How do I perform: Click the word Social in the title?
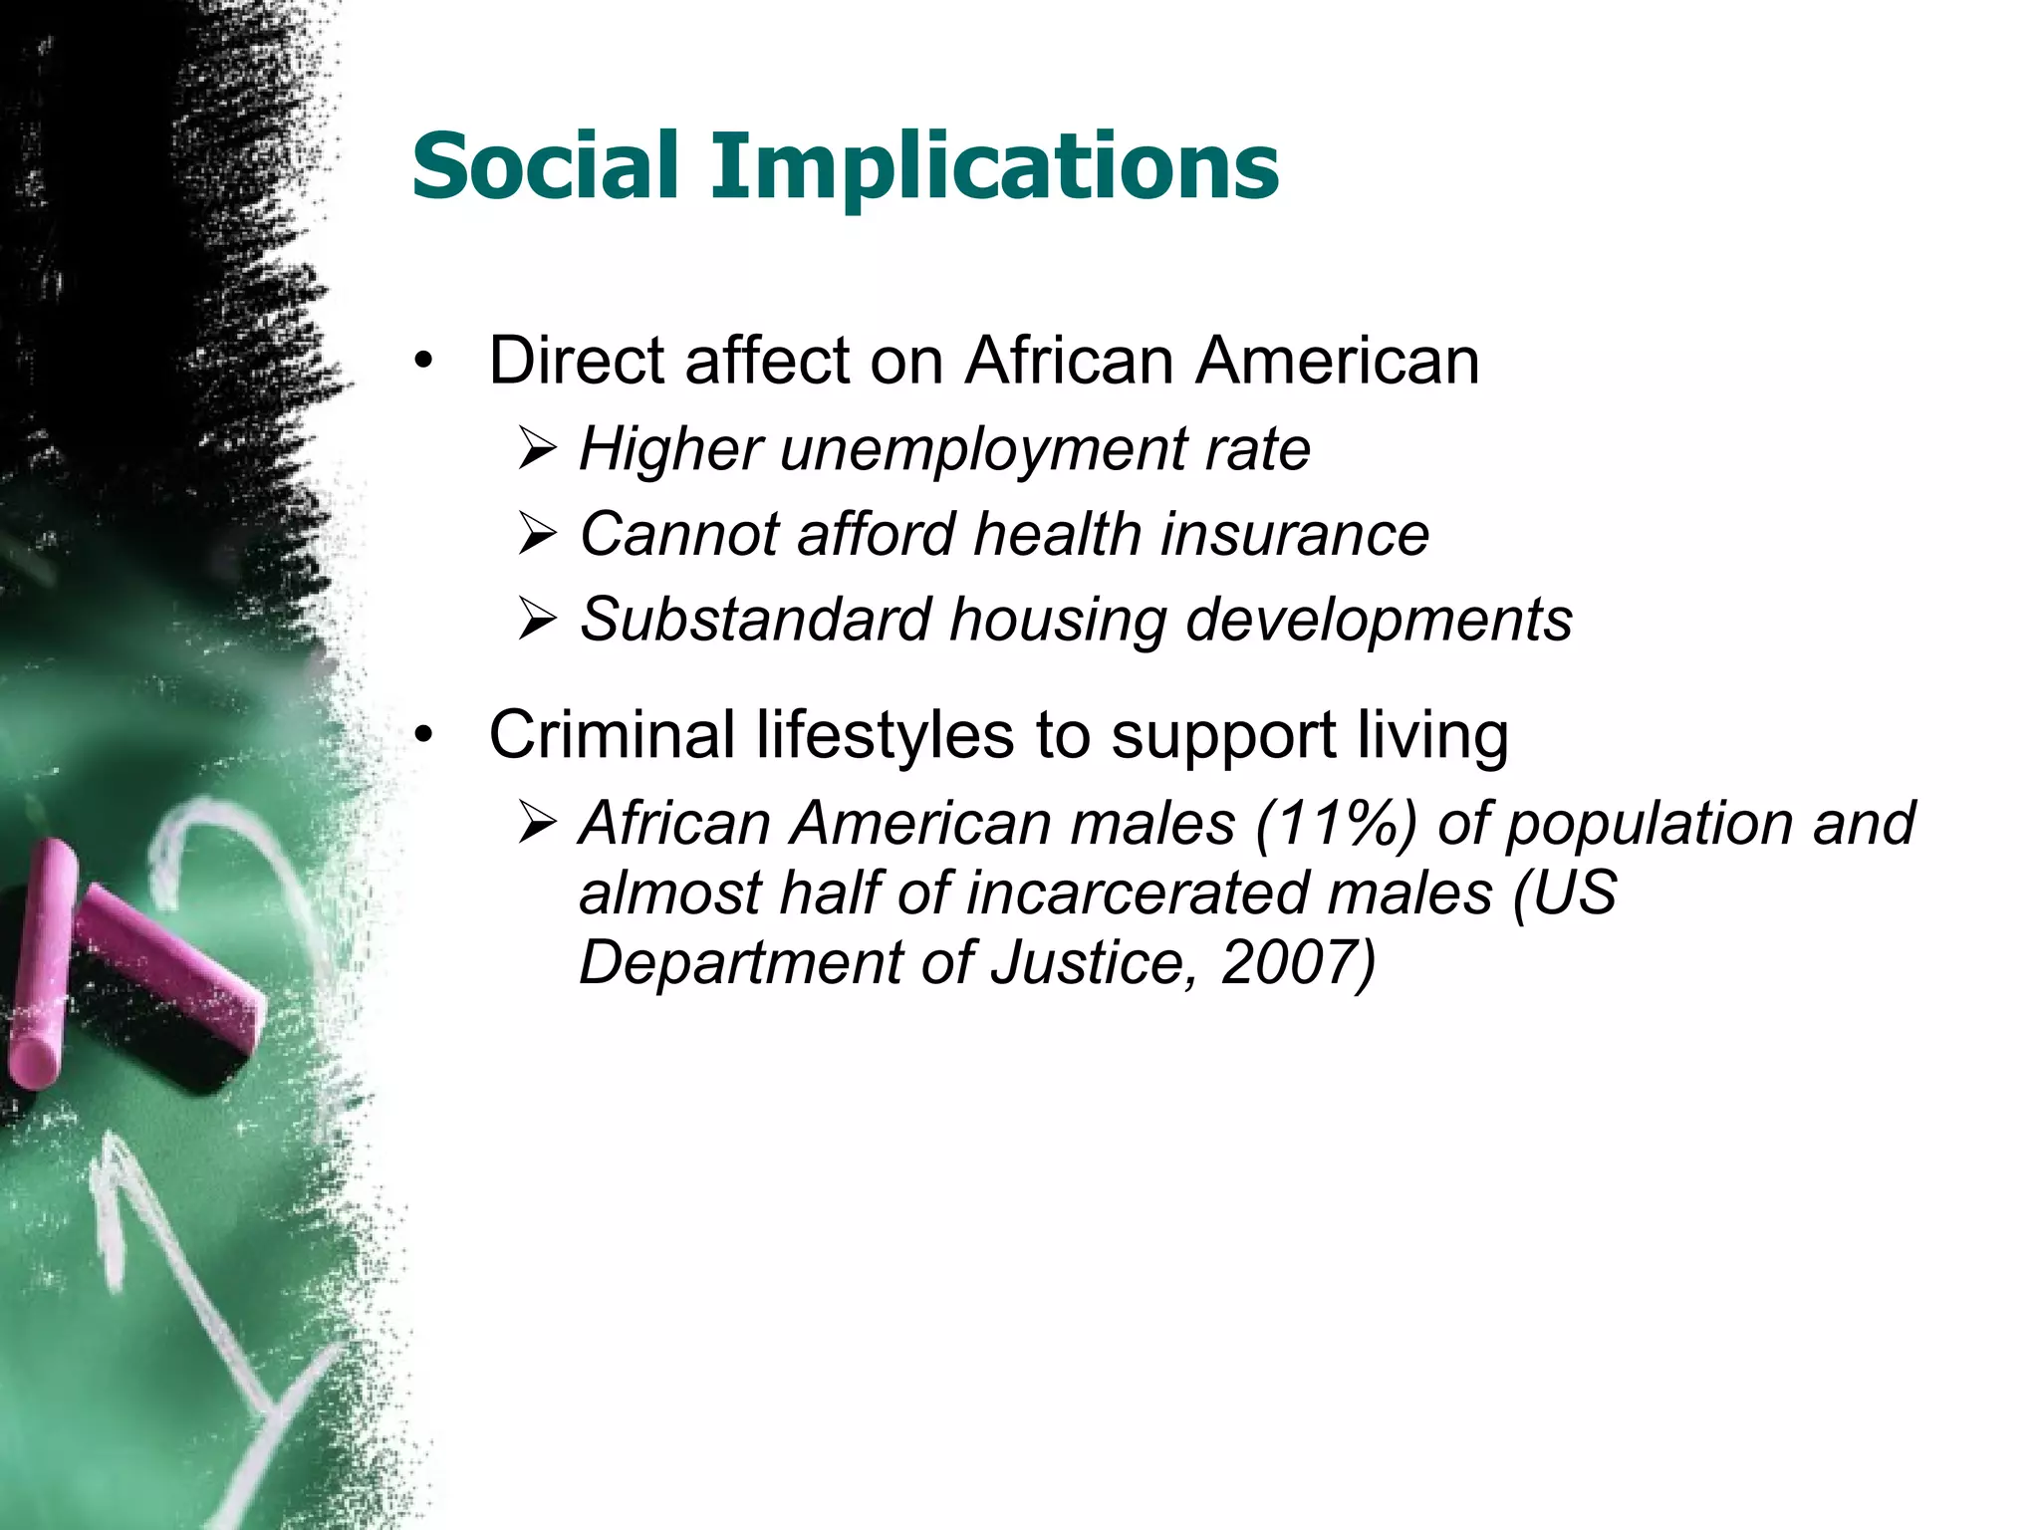tap(545, 165)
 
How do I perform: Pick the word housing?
tap(1057, 622)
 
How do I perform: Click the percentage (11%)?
tap(1336, 825)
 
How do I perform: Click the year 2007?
tap(1286, 963)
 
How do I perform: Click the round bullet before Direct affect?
tap(425, 363)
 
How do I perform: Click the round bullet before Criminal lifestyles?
tap(425, 737)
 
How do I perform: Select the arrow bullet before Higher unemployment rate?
tap(537, 451)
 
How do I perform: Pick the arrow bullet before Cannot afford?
tap(537, 536)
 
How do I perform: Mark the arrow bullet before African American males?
tap(537, 826)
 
